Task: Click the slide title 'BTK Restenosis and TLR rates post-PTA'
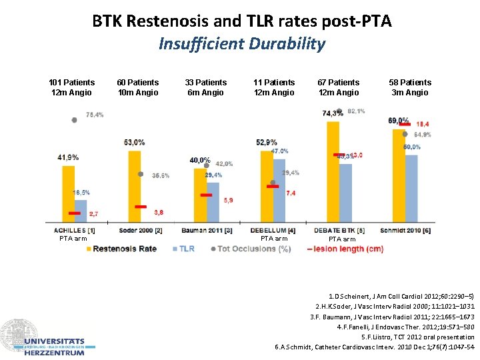click(x=241, y=21)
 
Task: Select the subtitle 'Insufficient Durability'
click(x=241, y=44)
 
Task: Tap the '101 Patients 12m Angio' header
click(x=72, y=87)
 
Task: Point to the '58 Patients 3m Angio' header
click(x=411, y=87)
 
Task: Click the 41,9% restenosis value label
click(x=68, y=157)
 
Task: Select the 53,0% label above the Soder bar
click(x=134, y=142)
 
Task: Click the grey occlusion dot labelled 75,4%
click(x=74, y=119)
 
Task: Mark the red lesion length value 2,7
click(x=94, y=213)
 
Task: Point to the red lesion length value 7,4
click(x=291, y=193)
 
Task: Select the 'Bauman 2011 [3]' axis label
click(x=207, y=231)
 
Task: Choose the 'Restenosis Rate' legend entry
click(x=124, y=249)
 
